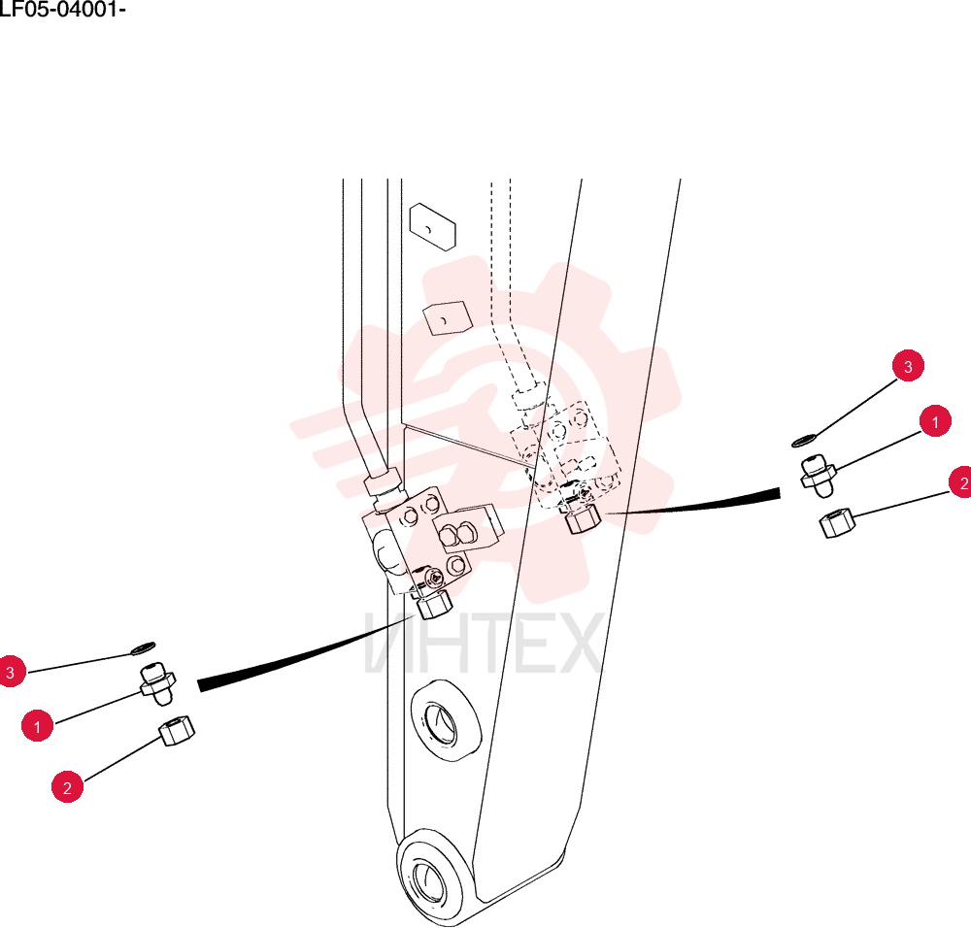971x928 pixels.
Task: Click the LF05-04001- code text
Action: click(62, 10)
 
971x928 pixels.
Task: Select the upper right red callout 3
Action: click(908, 366)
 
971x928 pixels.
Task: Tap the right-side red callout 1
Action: click(935, 421)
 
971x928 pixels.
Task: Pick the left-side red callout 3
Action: click(11, 672)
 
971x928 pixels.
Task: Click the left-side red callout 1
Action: click(37, 725)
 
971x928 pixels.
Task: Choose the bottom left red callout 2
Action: click(68, 787)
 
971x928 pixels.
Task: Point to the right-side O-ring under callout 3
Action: click(804, 440)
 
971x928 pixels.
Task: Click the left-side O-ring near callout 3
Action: click(143, 647)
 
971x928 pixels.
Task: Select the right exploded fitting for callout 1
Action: click(818, 476)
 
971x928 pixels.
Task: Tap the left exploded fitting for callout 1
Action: click(158, 682)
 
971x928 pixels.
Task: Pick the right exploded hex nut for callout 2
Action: click(837, 522)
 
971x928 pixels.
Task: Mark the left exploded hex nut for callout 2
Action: click(177, 731)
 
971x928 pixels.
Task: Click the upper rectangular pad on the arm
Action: click(433, 227)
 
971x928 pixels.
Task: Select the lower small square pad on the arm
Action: click(447, 318)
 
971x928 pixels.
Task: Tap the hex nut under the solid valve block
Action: click(435, 605)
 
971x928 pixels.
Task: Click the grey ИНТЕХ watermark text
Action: click(483, 643)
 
